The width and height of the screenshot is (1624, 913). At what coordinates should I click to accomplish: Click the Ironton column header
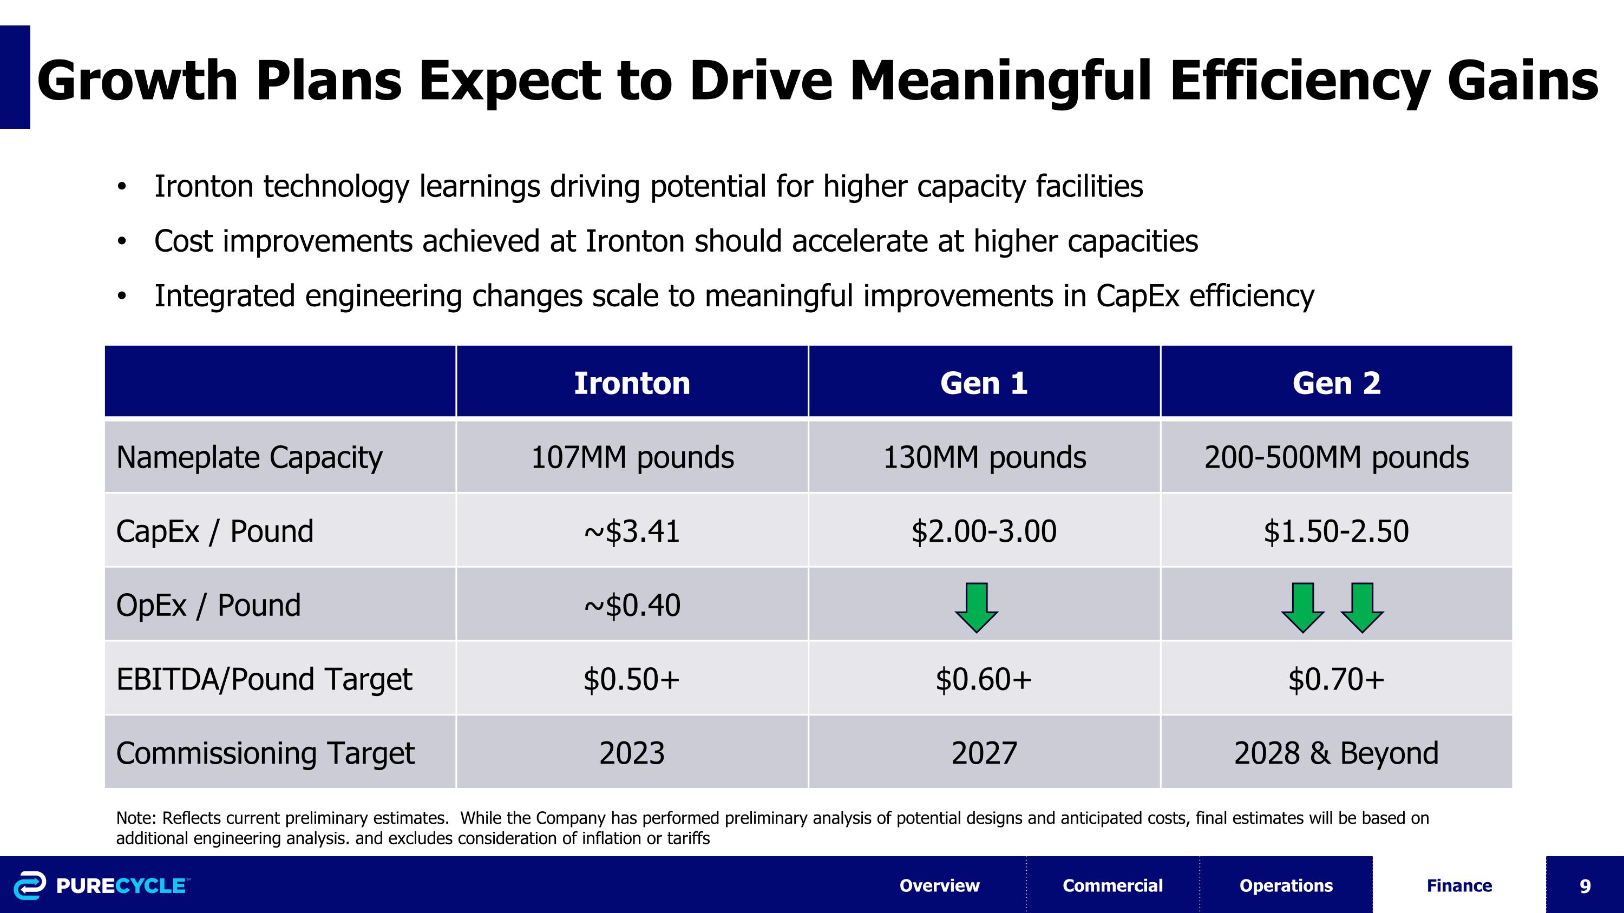tap(632, 383)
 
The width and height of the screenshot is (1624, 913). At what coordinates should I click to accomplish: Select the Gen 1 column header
tap(984, 383)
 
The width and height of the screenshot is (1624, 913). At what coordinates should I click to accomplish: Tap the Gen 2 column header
tap(1336, 383)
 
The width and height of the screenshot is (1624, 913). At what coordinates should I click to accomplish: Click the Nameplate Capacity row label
tap(249, 457)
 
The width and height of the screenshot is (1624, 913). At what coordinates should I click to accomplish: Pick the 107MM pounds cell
tap(632, 457)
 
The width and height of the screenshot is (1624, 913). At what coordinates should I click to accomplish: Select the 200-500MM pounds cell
tap(1336, 457)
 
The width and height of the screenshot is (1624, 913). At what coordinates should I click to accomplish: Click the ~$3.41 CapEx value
tap(632, 531)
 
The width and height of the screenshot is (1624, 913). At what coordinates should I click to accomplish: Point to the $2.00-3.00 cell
tap(984, 531)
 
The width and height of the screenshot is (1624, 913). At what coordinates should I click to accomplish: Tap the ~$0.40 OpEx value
tap(632, 606)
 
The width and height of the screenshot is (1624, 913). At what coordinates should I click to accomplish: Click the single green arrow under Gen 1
tap(976, 607)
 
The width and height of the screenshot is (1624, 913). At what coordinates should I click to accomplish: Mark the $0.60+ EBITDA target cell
tap(984, 679)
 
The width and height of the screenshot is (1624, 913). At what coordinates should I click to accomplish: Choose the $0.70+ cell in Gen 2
tap(1336, 679)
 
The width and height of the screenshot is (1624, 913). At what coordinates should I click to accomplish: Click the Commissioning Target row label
tap(265, 753)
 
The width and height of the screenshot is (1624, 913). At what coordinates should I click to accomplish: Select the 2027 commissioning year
tap(984, 753)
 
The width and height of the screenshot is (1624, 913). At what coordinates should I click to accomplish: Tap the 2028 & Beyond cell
tap(1336, 753)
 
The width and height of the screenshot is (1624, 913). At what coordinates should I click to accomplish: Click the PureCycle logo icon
tap(30, 885)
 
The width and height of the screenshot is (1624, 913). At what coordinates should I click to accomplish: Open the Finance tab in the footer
tap(1459, 885)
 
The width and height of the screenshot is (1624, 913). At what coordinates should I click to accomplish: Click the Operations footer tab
tap(1286, 885)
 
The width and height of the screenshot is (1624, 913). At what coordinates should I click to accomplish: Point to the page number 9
tap(1584, 886)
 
